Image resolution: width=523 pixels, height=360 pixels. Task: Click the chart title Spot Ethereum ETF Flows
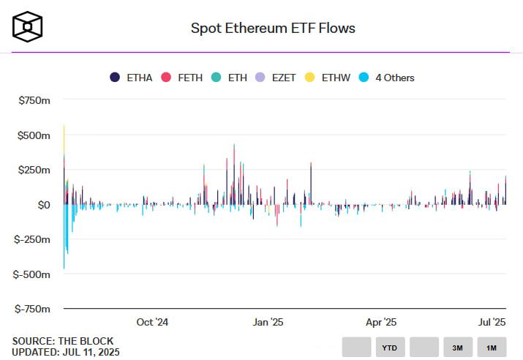(273, 29)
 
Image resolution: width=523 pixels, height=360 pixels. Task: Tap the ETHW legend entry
(330, 78)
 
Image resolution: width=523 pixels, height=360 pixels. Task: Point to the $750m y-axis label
(34, 100)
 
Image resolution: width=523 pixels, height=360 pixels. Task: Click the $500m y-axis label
(34, 135)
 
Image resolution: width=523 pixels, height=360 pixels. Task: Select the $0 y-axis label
(43, 205)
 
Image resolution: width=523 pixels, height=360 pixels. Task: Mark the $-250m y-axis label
(33, 239)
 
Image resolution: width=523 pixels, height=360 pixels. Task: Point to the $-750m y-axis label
(33, 309)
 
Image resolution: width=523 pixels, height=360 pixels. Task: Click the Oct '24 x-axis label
(152, 322)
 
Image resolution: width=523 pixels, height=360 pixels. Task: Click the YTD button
(391, 348)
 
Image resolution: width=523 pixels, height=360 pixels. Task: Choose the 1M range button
(492, 348)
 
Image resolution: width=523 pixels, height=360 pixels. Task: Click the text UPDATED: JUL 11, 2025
(66, 353)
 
